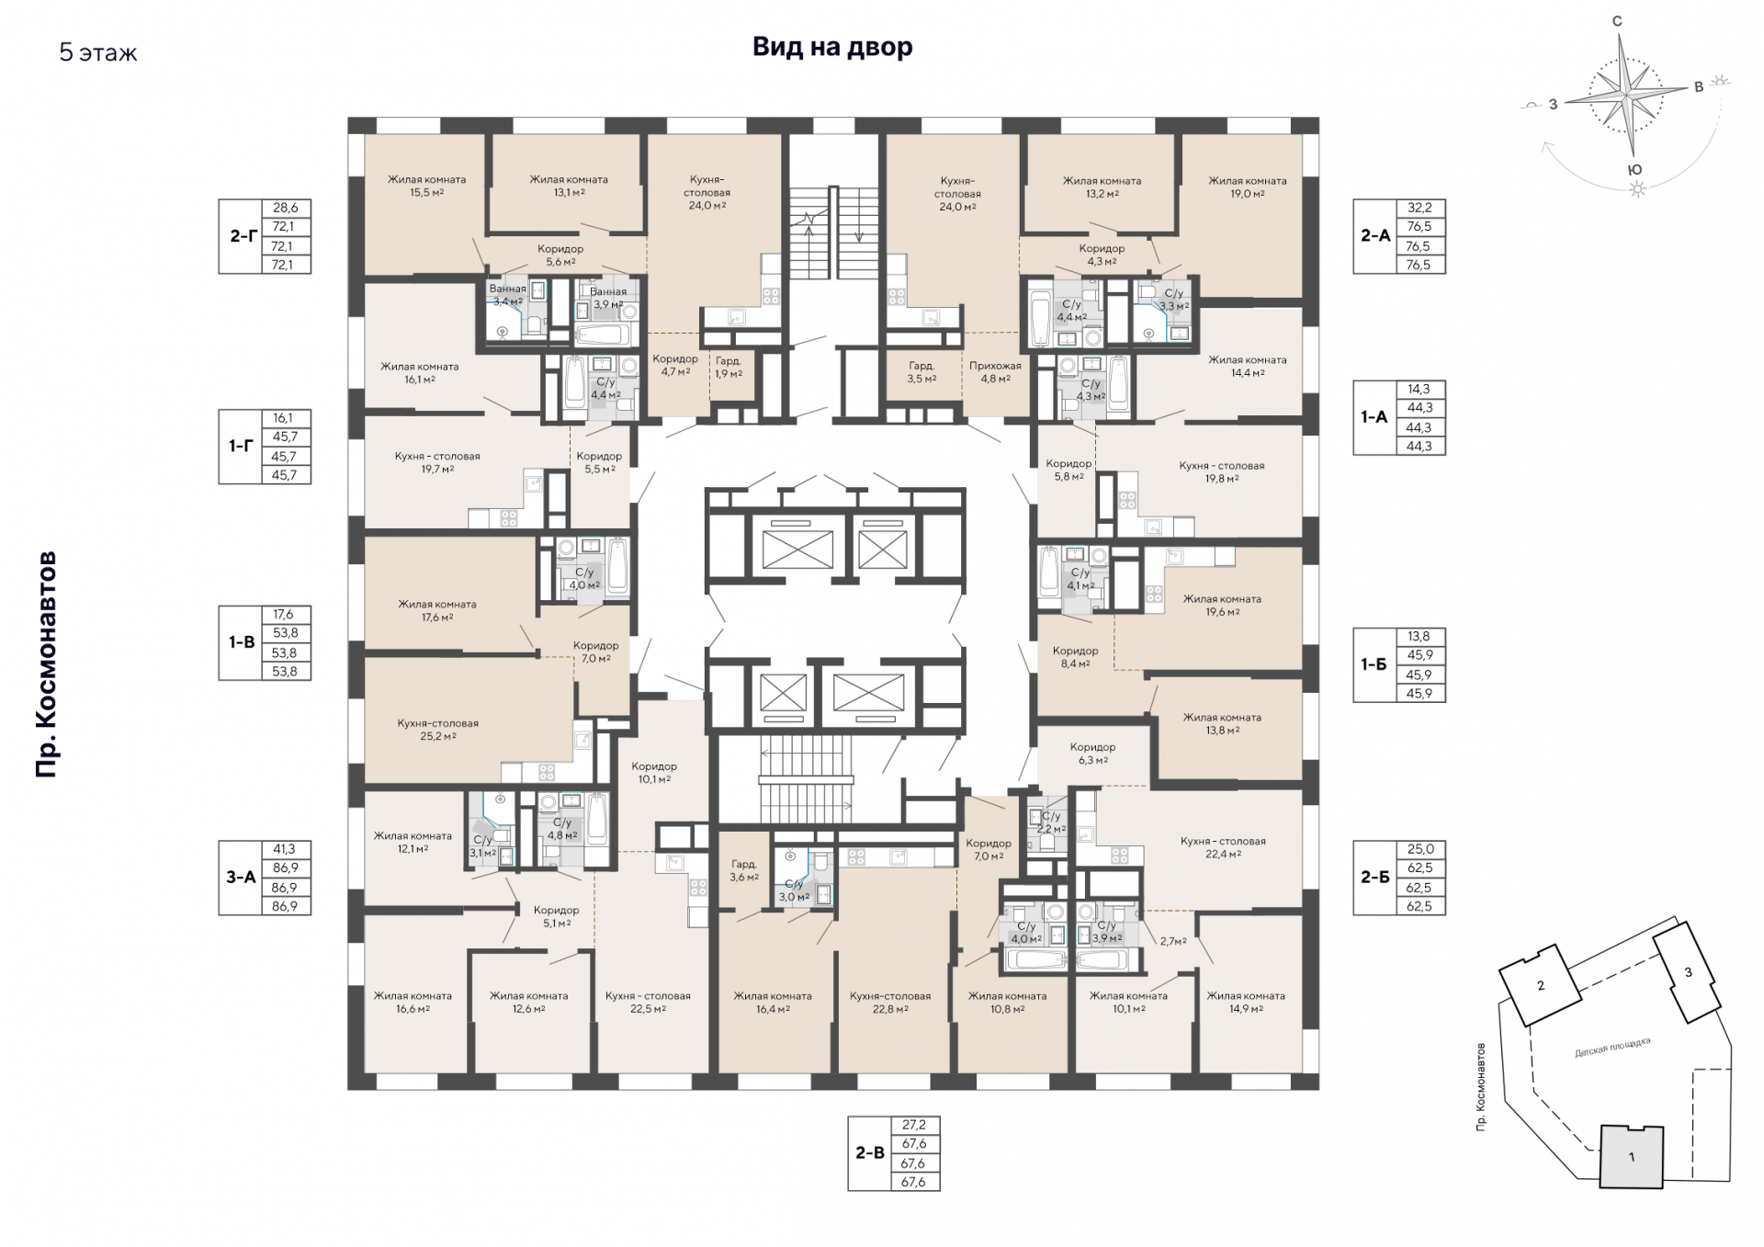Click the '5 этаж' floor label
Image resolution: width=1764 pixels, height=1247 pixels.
click(x=98, y=52)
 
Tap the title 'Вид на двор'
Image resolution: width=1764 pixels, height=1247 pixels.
click(x=832, y=47)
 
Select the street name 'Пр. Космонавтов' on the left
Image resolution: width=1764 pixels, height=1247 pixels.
click(x=47, y=664)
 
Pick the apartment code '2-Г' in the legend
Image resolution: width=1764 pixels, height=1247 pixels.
click(x=242, y=236)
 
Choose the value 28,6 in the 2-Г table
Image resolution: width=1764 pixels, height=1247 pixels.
click(x=286, y=209)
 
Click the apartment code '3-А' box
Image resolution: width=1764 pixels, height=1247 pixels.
click(x=241, y=878)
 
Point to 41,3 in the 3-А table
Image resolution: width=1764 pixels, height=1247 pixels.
click(x=285, y=850)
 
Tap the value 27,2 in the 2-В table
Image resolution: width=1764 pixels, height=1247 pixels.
click(x=914, y=1125)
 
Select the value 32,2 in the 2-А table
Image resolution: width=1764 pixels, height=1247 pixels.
click(x=1419, y=209)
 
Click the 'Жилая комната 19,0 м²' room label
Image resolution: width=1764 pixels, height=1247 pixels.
click(x=1247, y=187)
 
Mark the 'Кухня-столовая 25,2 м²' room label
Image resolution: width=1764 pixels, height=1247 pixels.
click(x=437, y=730)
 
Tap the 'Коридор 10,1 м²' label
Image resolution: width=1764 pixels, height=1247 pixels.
click(x=654, y=773)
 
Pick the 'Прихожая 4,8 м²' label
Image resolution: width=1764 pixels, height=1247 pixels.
click(x=995, y=372)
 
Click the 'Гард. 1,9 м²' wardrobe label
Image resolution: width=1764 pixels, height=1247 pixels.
click(x=729, y=368)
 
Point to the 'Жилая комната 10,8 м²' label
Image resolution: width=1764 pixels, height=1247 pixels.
click(x=1007, y=1003)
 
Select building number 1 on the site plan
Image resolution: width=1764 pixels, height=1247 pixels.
click(x=1632, y=1157)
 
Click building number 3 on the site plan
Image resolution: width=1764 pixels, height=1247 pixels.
click(x=1688, y=973)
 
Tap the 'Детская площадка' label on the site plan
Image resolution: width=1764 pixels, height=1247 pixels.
click(x=1613, y=1048)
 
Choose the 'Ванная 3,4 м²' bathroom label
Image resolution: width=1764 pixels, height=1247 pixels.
click(x=507, y=295)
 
